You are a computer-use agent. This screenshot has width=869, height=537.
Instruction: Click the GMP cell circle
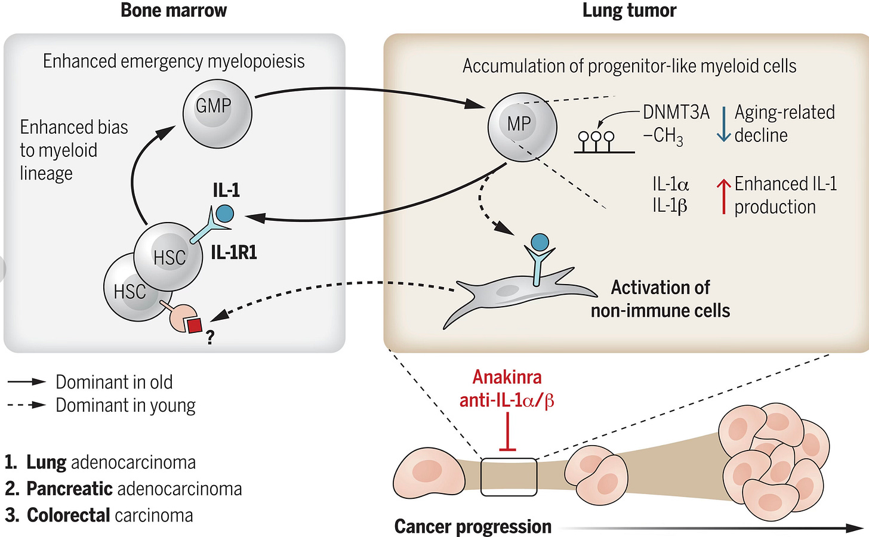(217, 114)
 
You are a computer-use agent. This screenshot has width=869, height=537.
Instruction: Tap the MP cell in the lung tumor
(522, 126)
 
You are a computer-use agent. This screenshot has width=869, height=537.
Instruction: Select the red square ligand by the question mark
(195, 325)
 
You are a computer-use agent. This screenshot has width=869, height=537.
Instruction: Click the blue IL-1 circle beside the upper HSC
(224, 214)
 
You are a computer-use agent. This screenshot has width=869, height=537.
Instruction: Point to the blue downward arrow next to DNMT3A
(723, 125)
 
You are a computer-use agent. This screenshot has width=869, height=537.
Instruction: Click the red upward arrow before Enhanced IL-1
(723, 196)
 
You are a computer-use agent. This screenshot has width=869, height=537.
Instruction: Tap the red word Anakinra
(507, 377)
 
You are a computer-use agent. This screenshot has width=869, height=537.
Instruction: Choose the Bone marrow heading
(174, 10)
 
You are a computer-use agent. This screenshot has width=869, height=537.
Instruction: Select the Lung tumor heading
(629, 11)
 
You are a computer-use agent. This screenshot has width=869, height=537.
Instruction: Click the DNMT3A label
(676, 112)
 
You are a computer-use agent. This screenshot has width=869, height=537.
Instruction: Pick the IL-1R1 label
(234, 253)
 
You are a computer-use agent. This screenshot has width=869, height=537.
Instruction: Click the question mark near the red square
(210, 337)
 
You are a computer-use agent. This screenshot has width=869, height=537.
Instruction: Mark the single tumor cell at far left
(429, 473)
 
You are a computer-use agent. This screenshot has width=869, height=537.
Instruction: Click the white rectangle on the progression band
(509, 477)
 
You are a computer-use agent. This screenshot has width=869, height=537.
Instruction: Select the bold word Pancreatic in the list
(69, 489)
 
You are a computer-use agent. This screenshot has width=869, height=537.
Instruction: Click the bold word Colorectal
(68, 516)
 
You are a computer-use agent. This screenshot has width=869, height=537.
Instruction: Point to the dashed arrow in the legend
(26, 405)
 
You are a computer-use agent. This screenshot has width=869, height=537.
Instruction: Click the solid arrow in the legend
(26, 382)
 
